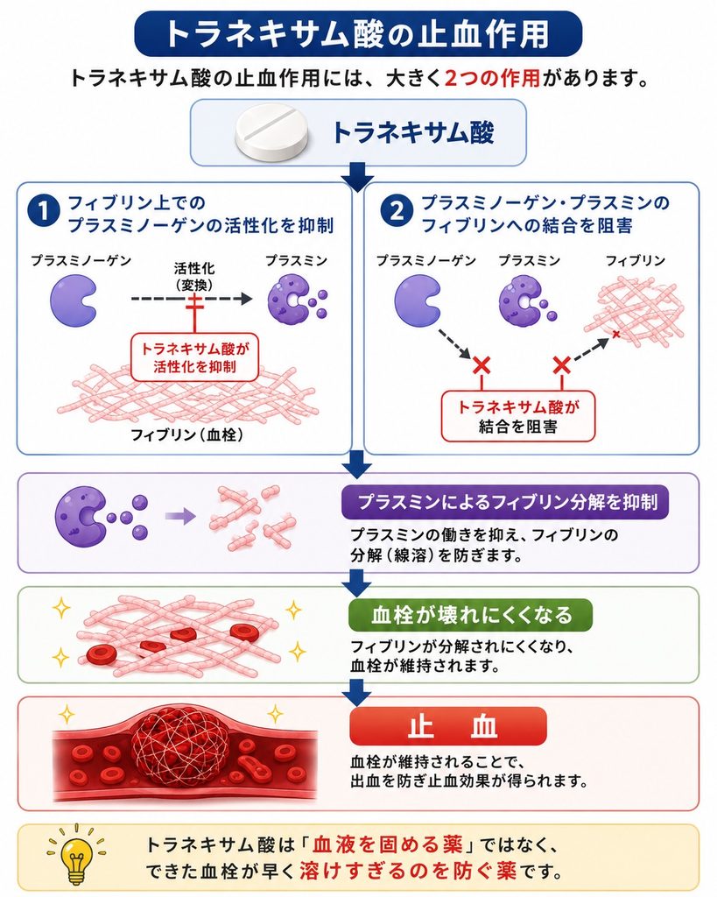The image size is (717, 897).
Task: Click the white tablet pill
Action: [275, 133]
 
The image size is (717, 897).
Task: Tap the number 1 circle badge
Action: [44, 212]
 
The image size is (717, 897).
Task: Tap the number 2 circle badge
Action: [397, 212]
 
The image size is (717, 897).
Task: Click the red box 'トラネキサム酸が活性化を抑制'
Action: [194, 357]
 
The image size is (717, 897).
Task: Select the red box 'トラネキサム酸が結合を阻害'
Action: [518, 416]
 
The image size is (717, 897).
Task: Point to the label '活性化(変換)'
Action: [194, 276]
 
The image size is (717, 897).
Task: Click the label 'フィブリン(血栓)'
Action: [187, 434]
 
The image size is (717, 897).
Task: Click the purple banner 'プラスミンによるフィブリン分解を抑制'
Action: [505, 502]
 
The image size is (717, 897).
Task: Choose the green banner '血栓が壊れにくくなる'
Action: [471, 615]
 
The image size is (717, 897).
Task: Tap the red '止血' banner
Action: [448, 726]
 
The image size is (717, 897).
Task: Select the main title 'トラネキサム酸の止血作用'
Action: [358, 34]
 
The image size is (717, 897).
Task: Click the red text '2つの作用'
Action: [492, 78]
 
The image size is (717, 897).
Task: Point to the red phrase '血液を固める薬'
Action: [387, 844]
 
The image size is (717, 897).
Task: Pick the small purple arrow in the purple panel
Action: [180, 517]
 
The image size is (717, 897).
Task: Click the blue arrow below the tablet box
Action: [358, 177]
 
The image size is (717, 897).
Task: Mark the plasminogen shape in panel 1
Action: [74, 300]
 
